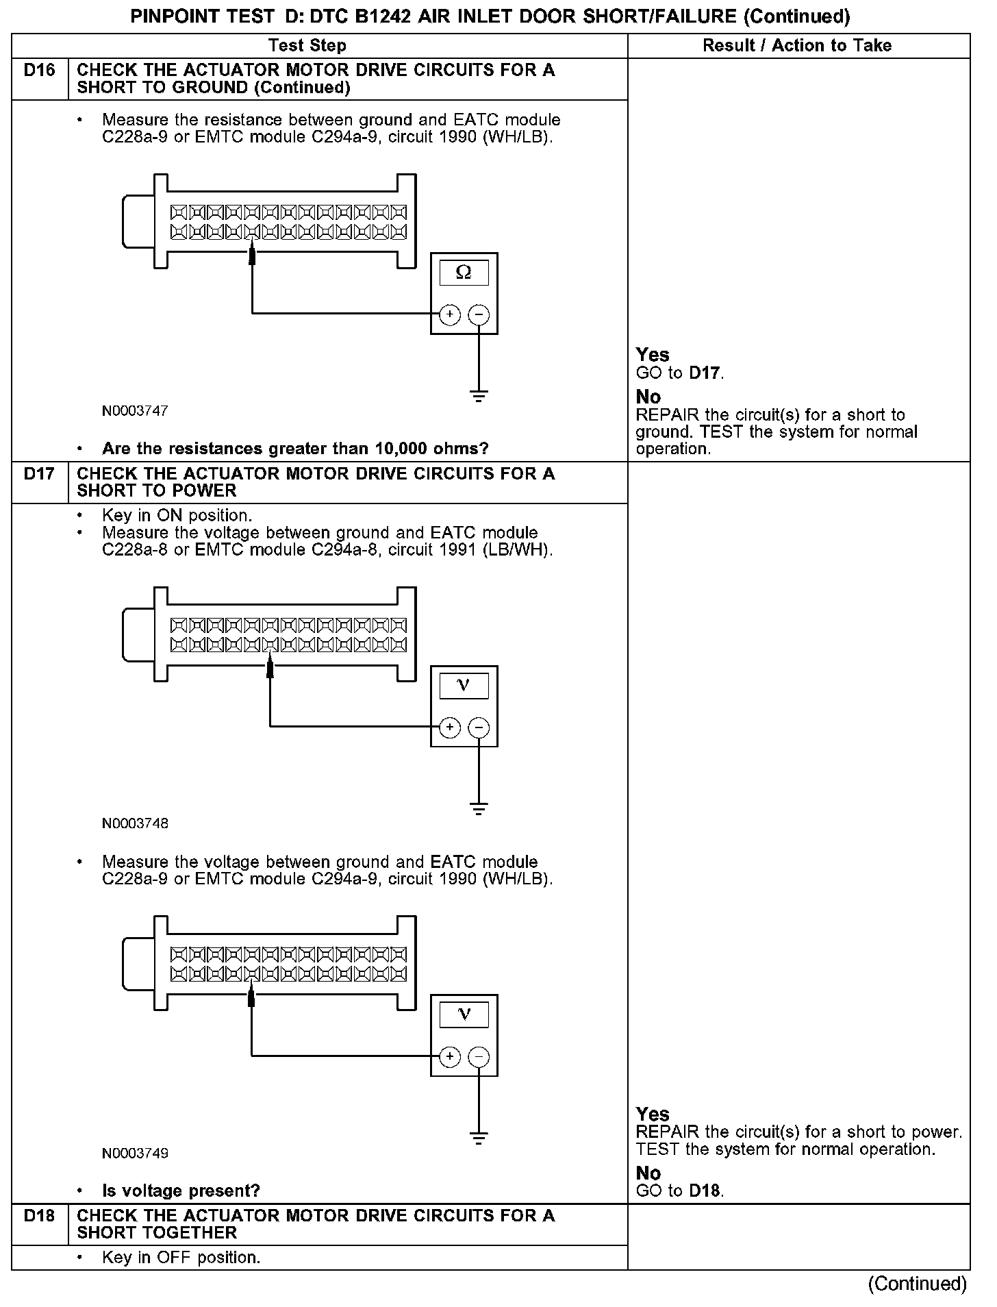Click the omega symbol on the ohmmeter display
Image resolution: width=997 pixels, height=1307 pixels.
[464, 273]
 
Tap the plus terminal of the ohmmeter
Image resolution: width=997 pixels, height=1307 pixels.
[449, 314]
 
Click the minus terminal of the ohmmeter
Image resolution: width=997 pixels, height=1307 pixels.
[479, 314]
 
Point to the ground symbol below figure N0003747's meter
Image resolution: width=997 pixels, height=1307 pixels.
[479, 396]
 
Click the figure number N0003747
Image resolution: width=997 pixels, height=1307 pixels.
[135, 411]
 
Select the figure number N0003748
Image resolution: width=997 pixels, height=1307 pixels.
[135, 823]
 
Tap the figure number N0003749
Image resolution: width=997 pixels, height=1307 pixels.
[135, 1153]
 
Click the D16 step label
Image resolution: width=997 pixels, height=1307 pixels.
[39, 71]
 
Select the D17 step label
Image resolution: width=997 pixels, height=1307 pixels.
[39, 474]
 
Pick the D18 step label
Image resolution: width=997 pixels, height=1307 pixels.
[39, 1216]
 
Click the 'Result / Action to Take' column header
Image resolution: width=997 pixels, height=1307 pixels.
[797, 46]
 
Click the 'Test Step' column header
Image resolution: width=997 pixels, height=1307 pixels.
[307, 46]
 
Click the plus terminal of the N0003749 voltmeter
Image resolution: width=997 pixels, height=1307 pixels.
[449, 1056]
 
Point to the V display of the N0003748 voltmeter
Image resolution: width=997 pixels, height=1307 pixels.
[464, 685]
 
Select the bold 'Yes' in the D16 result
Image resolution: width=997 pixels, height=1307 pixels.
[652, 355]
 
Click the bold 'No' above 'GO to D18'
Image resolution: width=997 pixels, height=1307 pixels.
[648, 1173]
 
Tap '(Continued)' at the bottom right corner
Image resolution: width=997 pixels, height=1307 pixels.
[917, 1283]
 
